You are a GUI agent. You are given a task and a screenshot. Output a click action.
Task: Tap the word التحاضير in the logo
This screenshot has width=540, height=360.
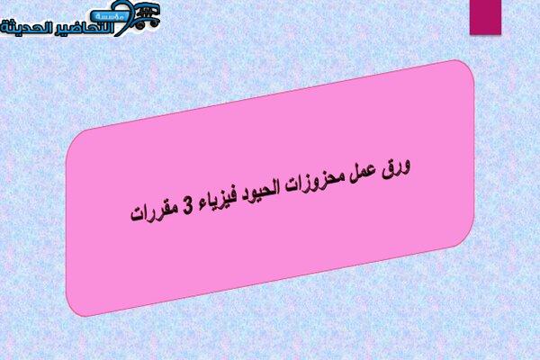(84, 28)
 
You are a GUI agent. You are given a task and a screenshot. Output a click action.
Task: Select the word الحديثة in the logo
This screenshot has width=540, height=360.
(26, 28)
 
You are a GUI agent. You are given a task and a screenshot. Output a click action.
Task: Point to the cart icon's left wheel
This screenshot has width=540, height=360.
(140, 25)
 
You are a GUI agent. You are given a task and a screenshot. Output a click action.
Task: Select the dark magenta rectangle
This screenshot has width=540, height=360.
(485, 17)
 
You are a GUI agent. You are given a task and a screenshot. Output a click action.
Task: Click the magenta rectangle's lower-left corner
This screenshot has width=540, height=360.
(470, 34)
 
